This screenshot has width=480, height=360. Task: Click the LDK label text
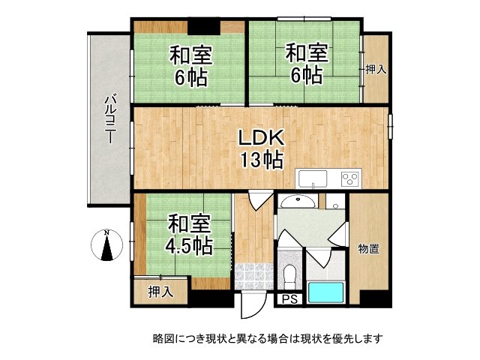click(260, 138)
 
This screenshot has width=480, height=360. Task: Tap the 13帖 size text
click(260, 159)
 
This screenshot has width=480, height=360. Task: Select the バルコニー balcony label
click(109, 119)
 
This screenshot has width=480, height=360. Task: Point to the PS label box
click(289, 299)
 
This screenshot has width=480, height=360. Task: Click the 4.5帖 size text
click(188, 245)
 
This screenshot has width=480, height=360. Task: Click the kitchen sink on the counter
click(312, 178)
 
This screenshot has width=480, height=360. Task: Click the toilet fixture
click(290, 274)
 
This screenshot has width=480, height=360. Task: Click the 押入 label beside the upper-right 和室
click(376, 70)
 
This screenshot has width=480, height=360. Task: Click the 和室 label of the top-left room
click(190, 55)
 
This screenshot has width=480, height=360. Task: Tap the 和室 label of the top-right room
click(305, 54)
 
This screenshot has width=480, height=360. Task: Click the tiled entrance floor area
click(253, 277)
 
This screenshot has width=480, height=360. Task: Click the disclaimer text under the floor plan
click(268, 338)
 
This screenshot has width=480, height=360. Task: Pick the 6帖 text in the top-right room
click(306, 76)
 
